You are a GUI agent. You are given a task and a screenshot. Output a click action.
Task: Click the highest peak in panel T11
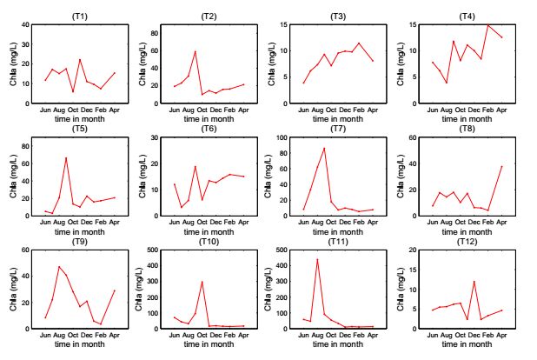point(317,259)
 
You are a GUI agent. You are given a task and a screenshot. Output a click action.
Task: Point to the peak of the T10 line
point(202,282)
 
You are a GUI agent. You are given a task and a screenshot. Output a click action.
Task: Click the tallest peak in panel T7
point(324,148)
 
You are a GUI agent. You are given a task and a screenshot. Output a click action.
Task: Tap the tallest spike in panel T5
point(66,157)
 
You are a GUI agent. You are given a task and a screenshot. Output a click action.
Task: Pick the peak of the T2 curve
point(195,51)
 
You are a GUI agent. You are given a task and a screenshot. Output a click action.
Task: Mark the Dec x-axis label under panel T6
point(215,224)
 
